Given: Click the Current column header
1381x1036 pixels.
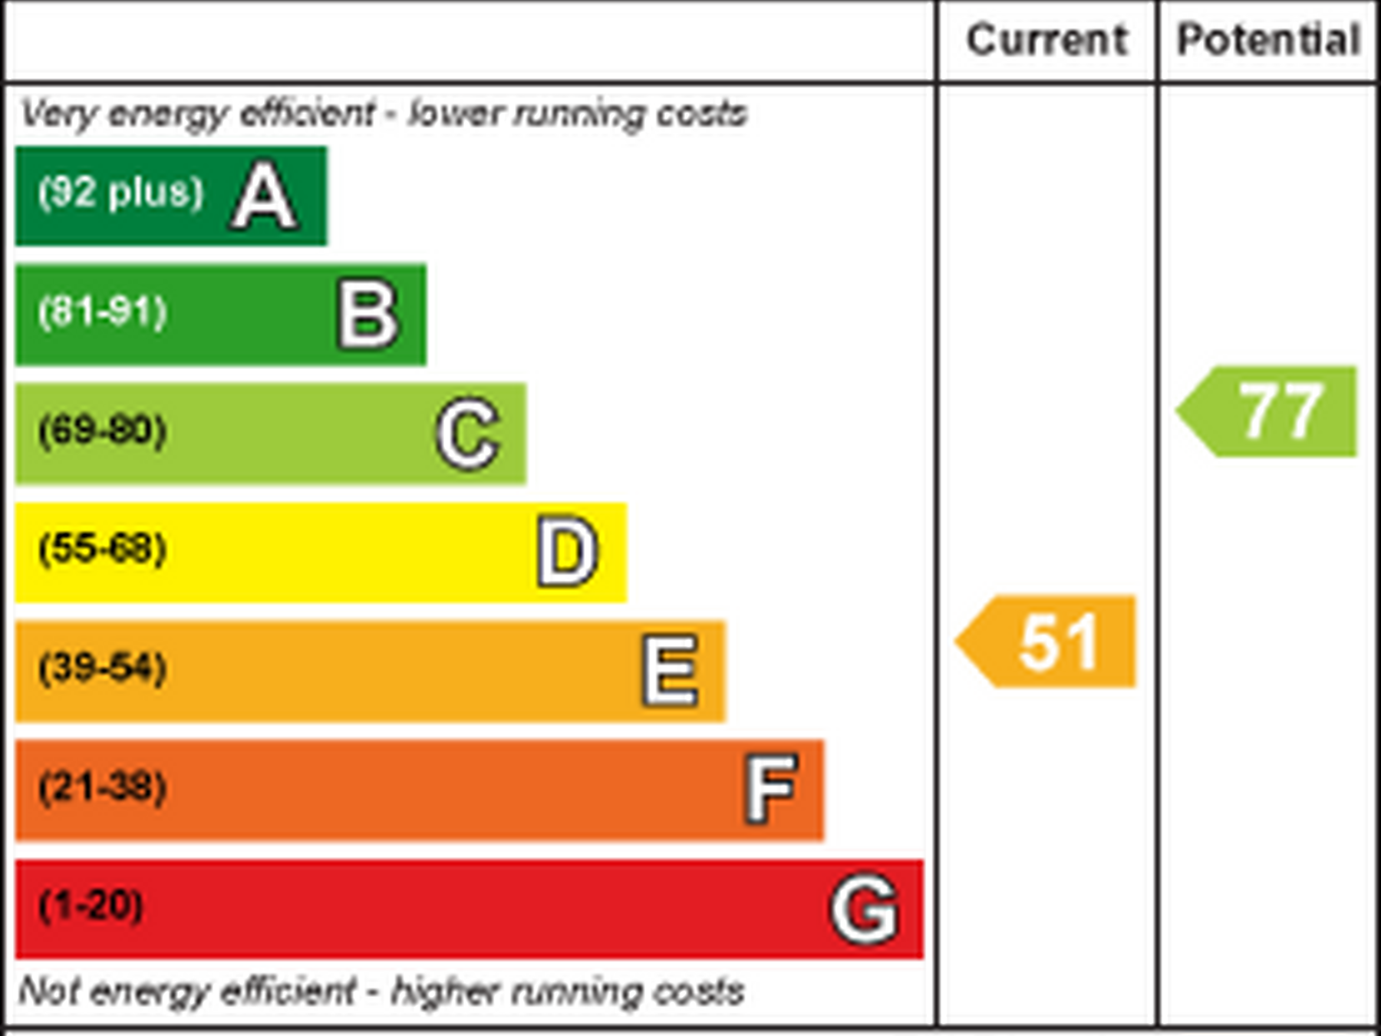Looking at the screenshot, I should pyautogui.click(x=1046, y=40).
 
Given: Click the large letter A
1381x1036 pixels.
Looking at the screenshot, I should pyautogui.click(x=264, y=196).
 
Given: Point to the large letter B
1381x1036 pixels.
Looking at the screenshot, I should pyautogui.click(x=368, y=315).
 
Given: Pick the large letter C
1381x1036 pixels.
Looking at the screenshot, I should pyautogui.click(x=468, y=434).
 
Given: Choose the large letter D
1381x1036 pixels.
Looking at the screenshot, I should pyautogui.click(x=567, y=552).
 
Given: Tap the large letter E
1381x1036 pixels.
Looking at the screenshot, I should pyautogui.click(x=671, y=671).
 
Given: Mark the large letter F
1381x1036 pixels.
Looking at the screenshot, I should pyautogui.click(x=771, y=789).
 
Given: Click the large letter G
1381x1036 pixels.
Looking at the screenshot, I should pyautogui.click(x=864, y=909).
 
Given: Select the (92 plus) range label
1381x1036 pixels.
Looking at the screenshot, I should pyautogui.click(x=121, y=192).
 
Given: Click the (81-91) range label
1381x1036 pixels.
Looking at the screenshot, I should pyautogui.click(x=103, y=312).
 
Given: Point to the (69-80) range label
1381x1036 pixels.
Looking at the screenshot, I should pyautogui.click(x=103, y=430).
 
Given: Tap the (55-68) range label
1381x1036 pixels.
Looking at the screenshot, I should pyautogui.click(x=103, y=549).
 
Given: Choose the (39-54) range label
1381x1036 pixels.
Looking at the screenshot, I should pyautogui.click(x=103, y=668).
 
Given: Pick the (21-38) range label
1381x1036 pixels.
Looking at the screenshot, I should pyautogui.click(x=103, y=787).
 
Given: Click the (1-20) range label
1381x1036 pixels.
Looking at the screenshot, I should pyautogui.click(x=91, y=906).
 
